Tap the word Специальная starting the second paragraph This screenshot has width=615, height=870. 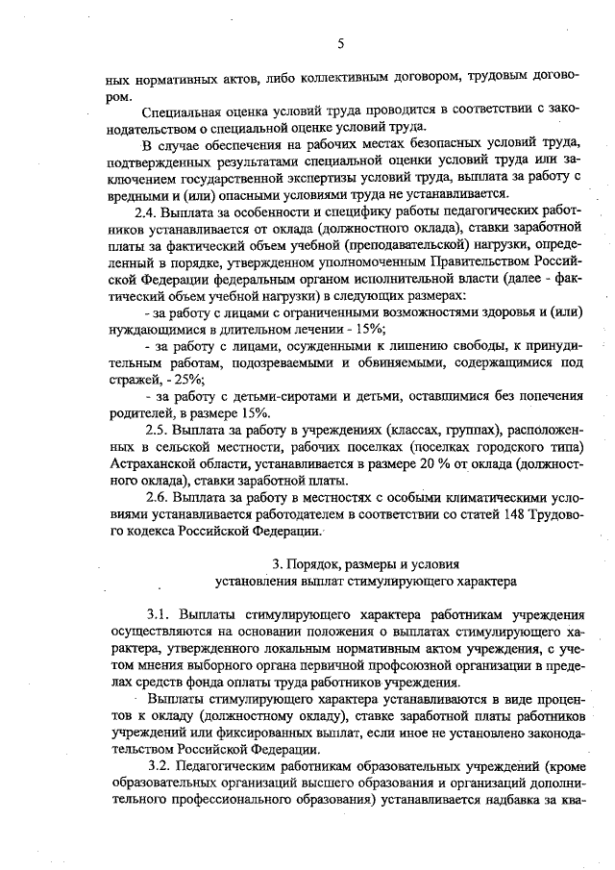pyautogui.click(x=178, y=111)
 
